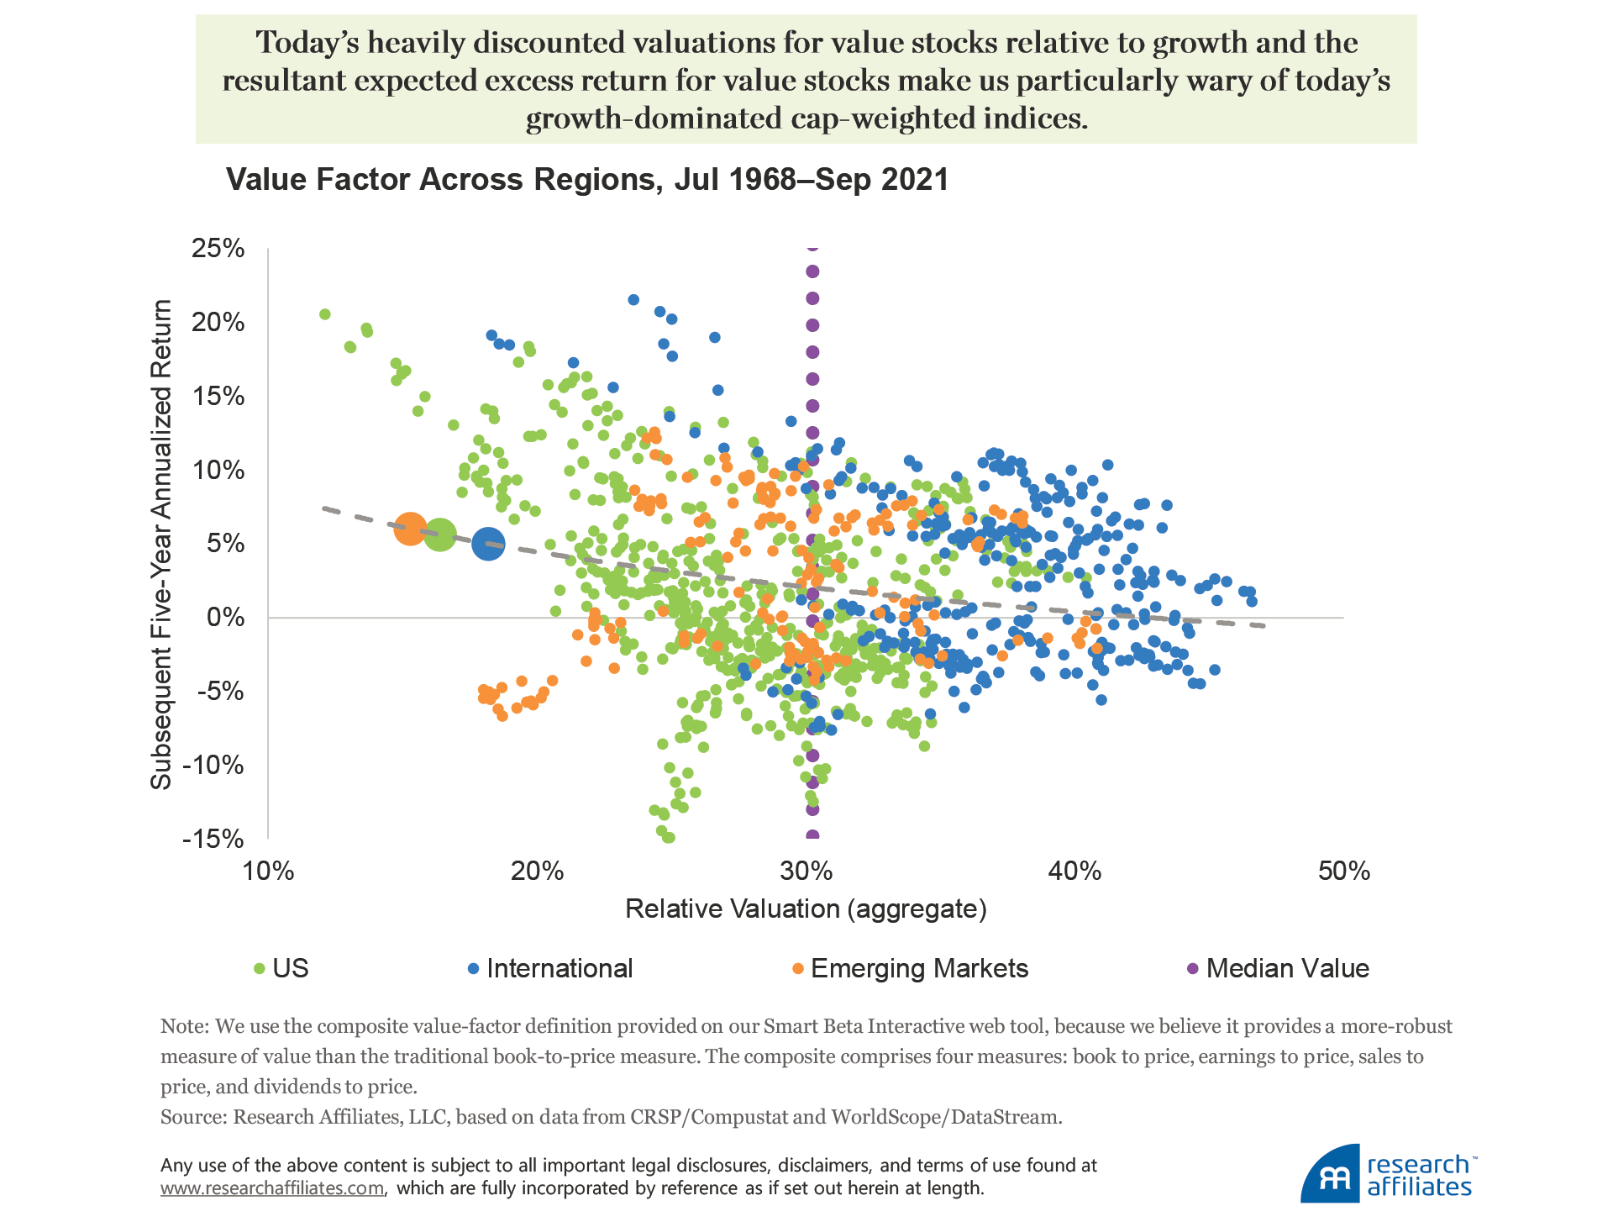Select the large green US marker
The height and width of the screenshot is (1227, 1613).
coord(439,535)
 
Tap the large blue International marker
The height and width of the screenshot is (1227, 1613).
coord(488,544)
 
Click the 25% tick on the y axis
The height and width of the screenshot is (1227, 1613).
coord(218,249)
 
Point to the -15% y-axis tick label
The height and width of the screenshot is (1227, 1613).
coord(213,839)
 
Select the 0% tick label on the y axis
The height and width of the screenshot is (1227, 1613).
coord(225,618)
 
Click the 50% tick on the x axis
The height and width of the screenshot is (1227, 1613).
coord(1343,871)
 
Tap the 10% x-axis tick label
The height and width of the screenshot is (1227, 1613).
coord(268,871)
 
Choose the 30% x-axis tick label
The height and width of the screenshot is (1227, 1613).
coord(806,871)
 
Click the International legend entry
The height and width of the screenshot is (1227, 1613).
coord(559,968)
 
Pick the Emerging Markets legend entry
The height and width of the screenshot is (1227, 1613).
coord(919,968)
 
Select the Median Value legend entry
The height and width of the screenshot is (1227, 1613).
coord(1287,968)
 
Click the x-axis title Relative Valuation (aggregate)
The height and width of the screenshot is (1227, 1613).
coord(806,908)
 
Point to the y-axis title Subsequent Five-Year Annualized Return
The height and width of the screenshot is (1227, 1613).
coord(160,544)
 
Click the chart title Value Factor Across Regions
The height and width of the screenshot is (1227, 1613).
coord(587,180)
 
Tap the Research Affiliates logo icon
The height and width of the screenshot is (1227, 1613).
coord(1330,1174)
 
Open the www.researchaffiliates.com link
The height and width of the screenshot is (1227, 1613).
coord(272,1188)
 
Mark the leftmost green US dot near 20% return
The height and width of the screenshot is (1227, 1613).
coord(325,314)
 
